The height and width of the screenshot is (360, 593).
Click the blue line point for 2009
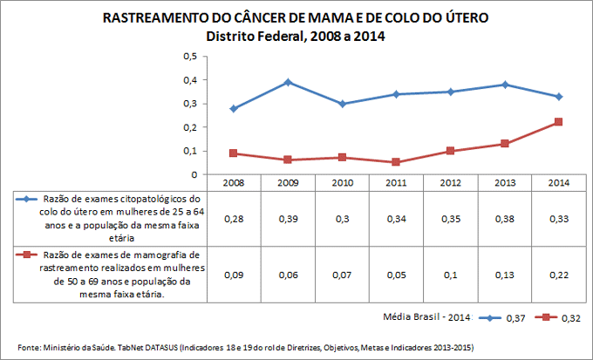point(287,82)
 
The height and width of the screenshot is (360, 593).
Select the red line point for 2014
point(558,122)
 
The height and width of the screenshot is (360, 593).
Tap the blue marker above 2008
point(233,108)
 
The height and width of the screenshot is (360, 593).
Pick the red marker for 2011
point(396,162)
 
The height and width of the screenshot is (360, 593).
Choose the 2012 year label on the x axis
point(450,183)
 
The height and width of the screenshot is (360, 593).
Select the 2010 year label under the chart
point(342,183)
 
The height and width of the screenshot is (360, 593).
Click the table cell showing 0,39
point(287,218)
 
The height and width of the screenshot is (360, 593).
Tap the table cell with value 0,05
point(396,275)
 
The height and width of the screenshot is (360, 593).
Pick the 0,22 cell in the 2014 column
point(558,275)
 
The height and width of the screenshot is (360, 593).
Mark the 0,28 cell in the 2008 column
point(233,218)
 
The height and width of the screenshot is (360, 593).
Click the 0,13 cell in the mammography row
point(504,275)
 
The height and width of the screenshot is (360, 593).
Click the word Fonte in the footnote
point(31,346)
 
